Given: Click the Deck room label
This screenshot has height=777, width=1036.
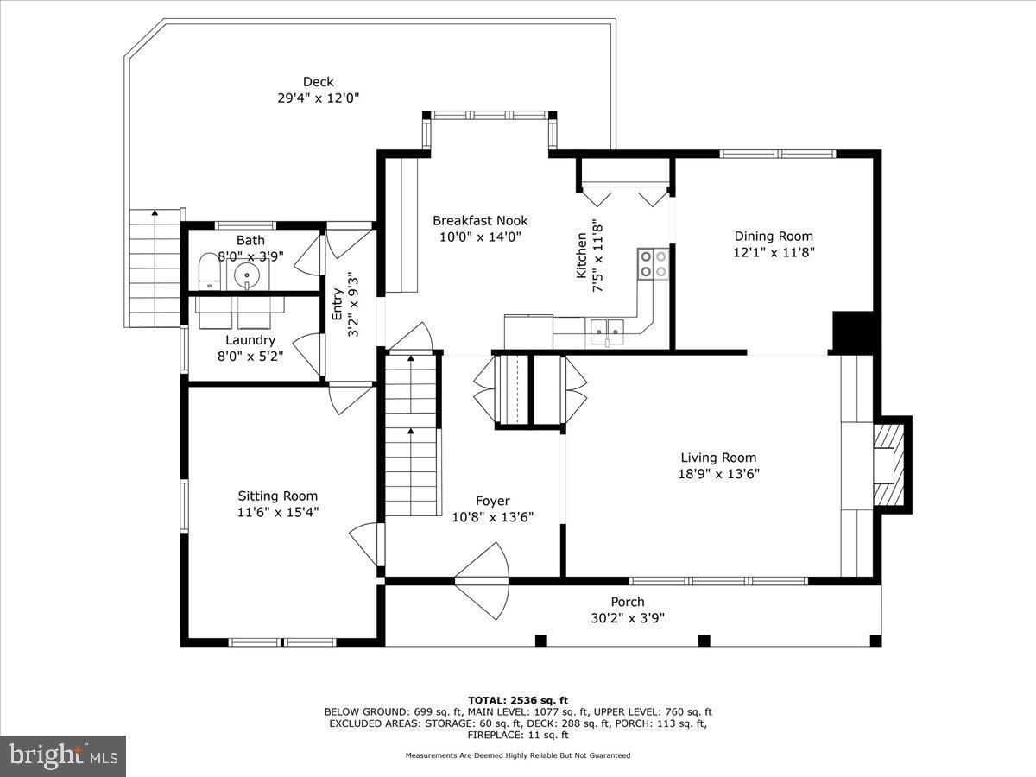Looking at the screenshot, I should coord(318,82).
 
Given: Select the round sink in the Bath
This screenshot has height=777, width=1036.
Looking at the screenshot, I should coord(247,275).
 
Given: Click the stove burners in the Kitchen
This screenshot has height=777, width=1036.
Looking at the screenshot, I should coord(654,263).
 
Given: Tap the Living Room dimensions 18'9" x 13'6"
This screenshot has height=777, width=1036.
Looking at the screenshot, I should coord(718,473).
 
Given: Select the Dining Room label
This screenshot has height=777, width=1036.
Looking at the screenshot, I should coord(774,236).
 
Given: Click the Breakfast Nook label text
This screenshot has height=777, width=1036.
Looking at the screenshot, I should coord(480,220).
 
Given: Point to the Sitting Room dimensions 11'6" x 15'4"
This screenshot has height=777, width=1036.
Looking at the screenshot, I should coord(278,511).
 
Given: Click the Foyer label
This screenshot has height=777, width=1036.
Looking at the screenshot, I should coord(493,501).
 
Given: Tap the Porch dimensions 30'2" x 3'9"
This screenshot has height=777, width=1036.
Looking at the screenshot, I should coord(628,617).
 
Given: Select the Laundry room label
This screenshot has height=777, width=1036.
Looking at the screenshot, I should coord(250,340).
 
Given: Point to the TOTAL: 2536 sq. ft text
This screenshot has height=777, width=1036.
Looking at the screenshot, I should coord(518,699).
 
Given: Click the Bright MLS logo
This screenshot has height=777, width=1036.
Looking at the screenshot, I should coord(62,755).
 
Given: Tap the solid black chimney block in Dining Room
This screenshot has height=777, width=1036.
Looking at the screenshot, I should coord(853,331).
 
